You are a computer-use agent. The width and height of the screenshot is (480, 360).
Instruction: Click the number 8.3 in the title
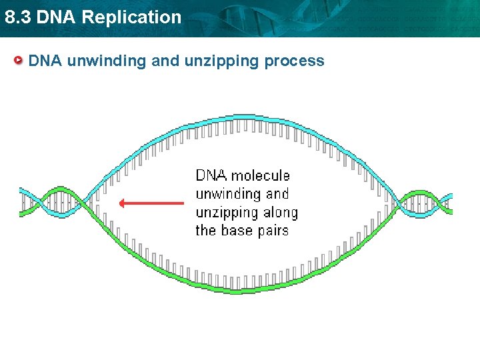point(17,17)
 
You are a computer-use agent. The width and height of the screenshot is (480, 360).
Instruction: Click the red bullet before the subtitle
point(20,61)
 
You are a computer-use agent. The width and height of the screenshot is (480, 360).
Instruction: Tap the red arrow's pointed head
point(121,203)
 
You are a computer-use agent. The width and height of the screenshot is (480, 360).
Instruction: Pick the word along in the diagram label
point(281,213)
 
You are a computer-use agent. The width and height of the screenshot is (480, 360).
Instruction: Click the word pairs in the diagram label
point(273,231)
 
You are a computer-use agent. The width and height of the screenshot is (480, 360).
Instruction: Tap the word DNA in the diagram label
point(210,175)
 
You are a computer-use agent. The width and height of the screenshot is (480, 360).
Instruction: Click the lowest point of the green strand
point(237,290)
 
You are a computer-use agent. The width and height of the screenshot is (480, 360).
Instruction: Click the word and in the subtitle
point(166,61)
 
